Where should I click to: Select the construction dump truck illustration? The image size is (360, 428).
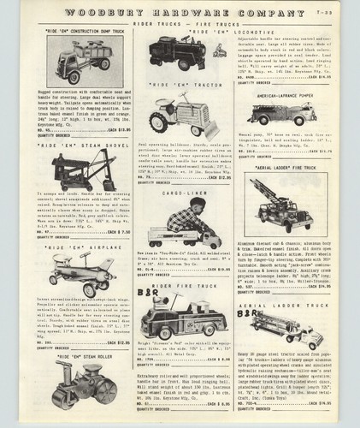point(72,62)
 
